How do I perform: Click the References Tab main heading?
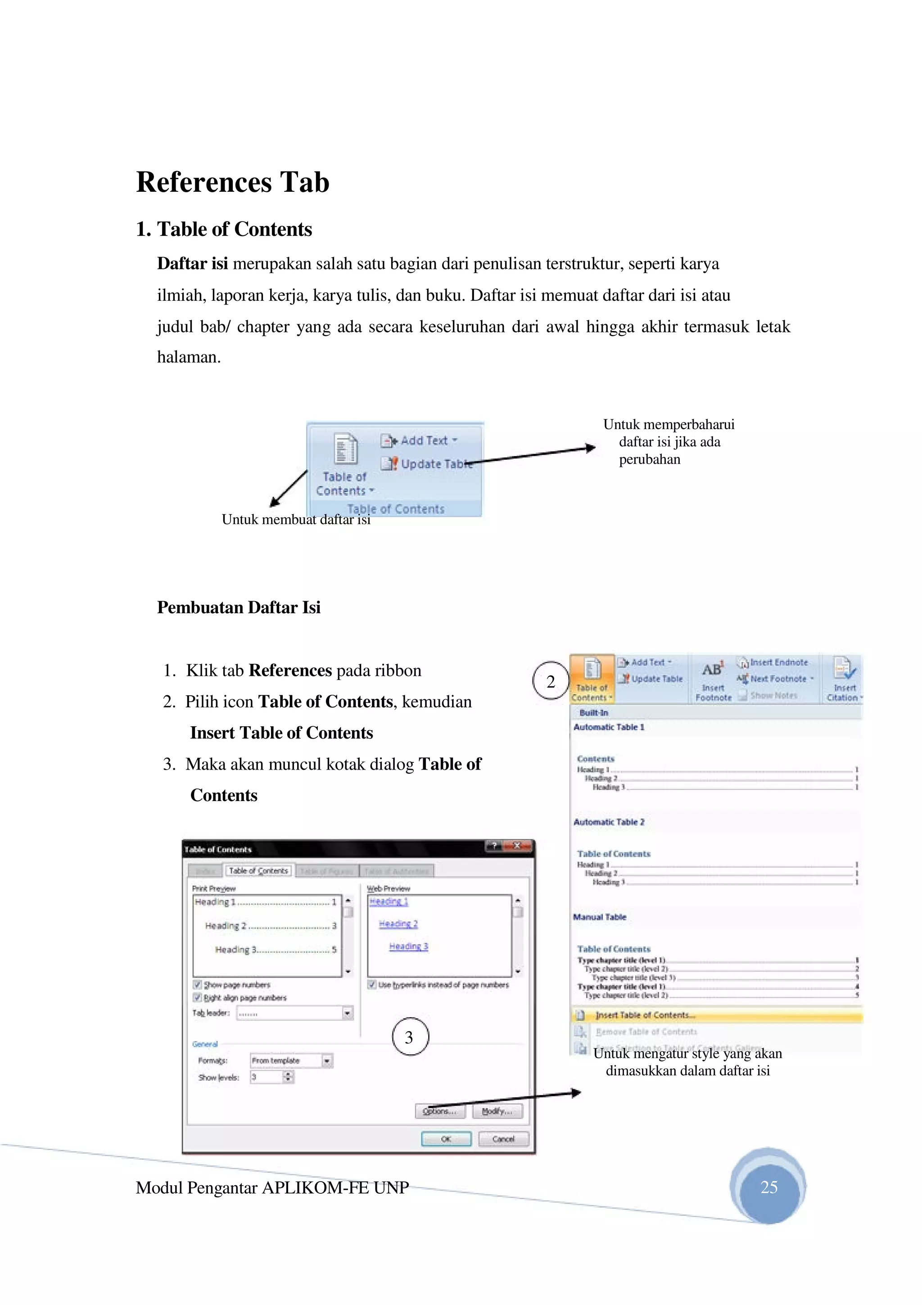tap(232, 182)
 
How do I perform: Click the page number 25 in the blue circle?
tap(768, 1187)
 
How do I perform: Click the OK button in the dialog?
tap(446, 1139)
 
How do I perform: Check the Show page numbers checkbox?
tap(197, 984)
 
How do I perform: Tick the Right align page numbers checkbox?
tap(197, 997)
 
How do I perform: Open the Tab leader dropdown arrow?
tap(347, 1013)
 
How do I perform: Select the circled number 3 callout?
tap(410, 1038)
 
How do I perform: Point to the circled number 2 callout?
tap(550, 681)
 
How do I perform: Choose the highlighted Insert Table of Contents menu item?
tap(645, 1015)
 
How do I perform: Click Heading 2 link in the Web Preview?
tap(398, 924)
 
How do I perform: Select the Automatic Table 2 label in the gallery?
tap(609, 822)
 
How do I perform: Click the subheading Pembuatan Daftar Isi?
tap(239, 607)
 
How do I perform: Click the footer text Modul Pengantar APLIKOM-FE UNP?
tap(272, 1187)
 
